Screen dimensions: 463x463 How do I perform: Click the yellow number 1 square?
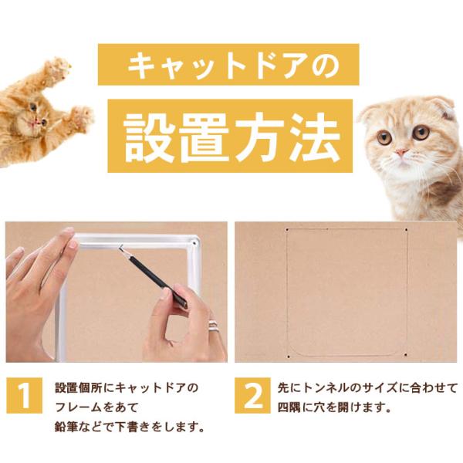24,395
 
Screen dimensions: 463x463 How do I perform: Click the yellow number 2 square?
253,395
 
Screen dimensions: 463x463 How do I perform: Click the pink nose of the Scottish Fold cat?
400,153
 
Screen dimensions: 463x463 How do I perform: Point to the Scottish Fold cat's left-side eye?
385,137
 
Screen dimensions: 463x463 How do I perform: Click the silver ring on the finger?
213,326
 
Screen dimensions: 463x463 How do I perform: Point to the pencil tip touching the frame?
120,248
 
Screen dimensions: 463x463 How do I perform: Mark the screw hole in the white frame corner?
194,243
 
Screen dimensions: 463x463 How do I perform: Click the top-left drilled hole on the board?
287,230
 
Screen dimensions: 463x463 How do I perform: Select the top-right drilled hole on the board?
407,230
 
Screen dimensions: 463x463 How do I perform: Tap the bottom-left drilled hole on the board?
289,357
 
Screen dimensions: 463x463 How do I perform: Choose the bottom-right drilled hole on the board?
405,355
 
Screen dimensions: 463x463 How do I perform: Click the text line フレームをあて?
96,407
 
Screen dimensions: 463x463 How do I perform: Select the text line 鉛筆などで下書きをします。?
130,427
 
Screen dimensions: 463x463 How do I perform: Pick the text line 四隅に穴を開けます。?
334,407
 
